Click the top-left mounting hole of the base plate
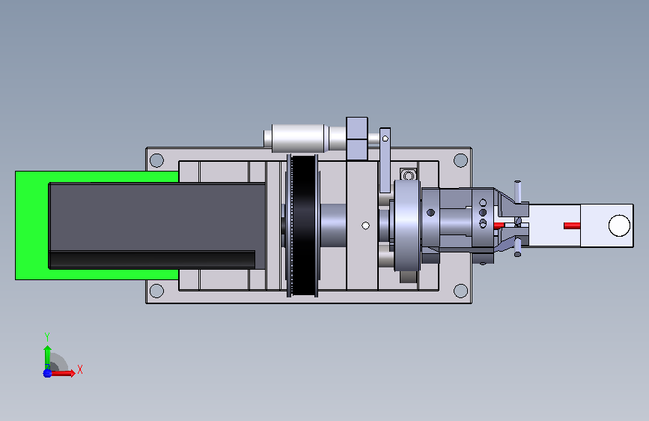(x=156, y=160)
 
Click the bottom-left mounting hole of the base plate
(x=156, y=291)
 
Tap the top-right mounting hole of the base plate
(x=460, y=160)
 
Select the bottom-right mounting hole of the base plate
(x=460, y=291)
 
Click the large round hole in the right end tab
(x=619, y=225)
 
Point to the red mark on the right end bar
(x=572, y=225)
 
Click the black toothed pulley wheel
(x=303, y=225)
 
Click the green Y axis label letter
(x=47, y=337)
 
